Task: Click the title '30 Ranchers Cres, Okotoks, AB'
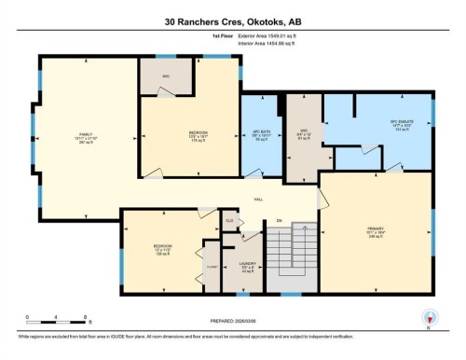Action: coord(233,21)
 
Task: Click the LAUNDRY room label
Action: coord(247,264)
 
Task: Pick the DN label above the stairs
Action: coord(278,221)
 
